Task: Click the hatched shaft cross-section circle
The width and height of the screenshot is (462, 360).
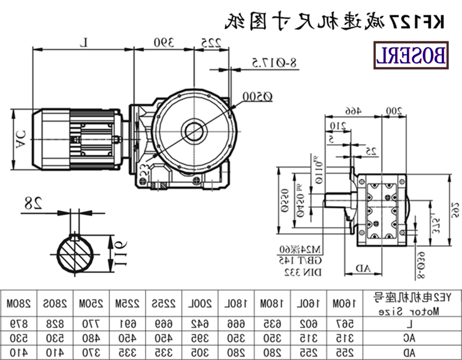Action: (77, 255)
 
